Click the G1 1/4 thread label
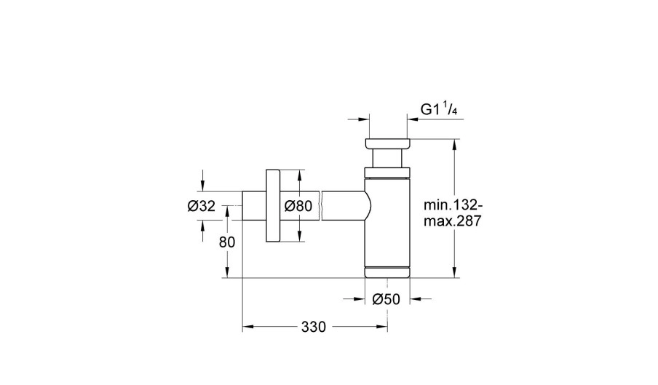(439, 109)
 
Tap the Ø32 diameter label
(202, 206)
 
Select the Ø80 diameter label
(298, 206)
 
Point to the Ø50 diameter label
(386, 299)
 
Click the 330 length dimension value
(314, 327)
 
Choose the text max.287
(452, 221)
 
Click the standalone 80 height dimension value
(227, 242)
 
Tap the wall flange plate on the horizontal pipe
(273, 206)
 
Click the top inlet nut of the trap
(387, 143)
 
